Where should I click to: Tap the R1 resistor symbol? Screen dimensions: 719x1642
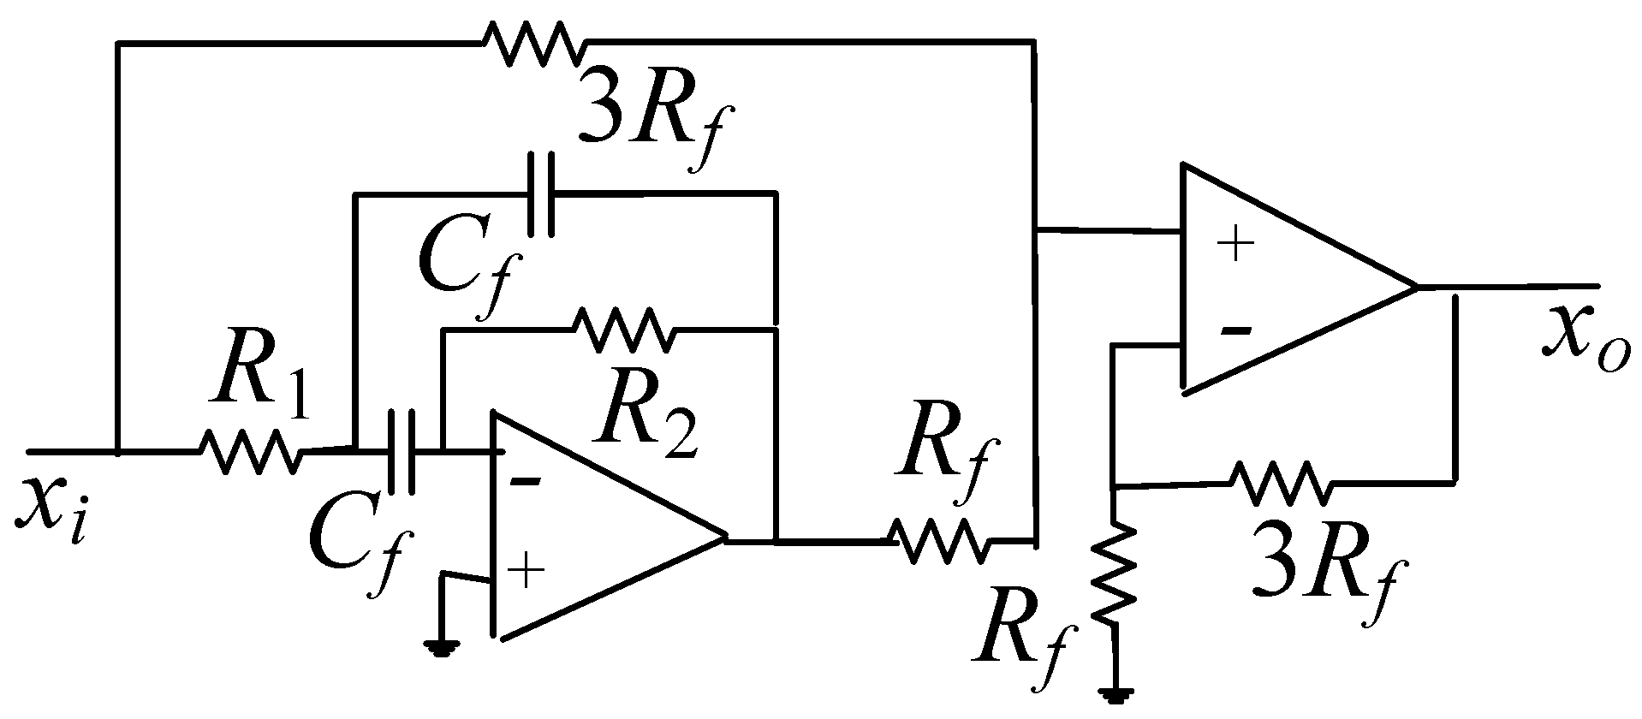click(x=251, y=451)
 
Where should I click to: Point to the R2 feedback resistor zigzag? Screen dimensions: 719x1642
click(x=622, y=330)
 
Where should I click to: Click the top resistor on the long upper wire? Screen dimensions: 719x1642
click(x=532, y=42)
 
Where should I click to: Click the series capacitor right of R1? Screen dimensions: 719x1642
click(x=401, y=451)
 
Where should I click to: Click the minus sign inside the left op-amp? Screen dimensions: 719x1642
click(x=525, y=482)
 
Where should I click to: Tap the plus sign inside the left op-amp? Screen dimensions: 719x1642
click(x=527, y=571)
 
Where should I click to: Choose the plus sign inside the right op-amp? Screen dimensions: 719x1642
click(x=1235, y=246)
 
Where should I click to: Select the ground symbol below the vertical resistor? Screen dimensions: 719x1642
click(x=1115, y=692)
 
